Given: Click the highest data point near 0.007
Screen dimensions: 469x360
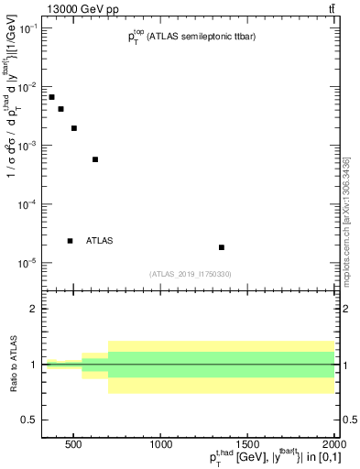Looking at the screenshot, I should pos(52,97).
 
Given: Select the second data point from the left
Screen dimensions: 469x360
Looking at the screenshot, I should pos(61,109).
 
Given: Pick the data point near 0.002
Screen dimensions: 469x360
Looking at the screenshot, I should pos(74,128).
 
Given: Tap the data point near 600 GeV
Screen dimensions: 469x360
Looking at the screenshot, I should pos(95,159).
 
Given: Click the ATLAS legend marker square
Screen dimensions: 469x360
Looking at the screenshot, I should pos(71,241).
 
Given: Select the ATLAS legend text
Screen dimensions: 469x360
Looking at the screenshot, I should pos(99,241).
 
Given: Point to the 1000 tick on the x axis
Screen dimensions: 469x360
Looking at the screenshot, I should pos(161,446).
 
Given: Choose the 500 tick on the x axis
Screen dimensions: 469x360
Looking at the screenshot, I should pos(75,446).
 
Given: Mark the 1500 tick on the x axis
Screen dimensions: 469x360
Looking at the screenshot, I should pos(248,446).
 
